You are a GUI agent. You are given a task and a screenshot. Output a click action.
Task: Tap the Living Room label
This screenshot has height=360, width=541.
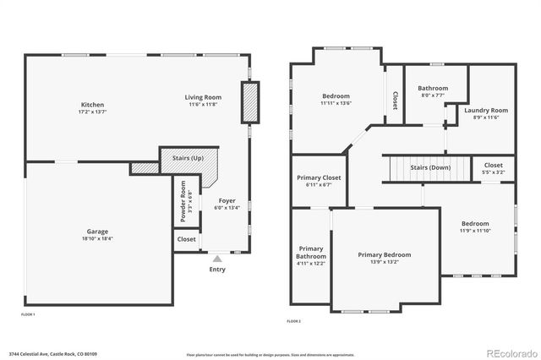tap(203, 97)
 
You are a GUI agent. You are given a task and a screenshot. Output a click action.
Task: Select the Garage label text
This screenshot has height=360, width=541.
tap(97, 232)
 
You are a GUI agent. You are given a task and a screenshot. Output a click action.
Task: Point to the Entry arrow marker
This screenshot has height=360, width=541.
tap(217, 259)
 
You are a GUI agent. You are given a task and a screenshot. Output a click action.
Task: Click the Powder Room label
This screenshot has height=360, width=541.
tap(182, 203)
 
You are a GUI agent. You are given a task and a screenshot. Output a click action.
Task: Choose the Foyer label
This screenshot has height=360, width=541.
tap(228, 200)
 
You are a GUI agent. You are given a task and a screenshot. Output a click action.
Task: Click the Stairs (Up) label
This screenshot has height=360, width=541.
tap(187, 158)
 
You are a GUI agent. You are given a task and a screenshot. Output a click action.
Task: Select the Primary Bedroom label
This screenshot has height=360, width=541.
tap(384, 254)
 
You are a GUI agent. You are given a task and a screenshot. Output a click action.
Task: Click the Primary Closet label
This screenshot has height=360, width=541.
tap(320, 178)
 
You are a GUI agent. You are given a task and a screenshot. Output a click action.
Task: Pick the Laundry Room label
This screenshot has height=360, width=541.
tap(486, 110)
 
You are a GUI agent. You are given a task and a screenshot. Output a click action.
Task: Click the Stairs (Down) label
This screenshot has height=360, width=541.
tap(430, 167)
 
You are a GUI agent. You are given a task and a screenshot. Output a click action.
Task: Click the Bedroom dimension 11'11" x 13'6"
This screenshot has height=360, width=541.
tap(336, 104)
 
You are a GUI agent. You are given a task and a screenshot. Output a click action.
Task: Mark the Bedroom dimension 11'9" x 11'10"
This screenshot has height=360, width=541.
tap(474, 231)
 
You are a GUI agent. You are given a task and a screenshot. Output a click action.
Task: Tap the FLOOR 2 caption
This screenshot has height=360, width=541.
tap(293, 321)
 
